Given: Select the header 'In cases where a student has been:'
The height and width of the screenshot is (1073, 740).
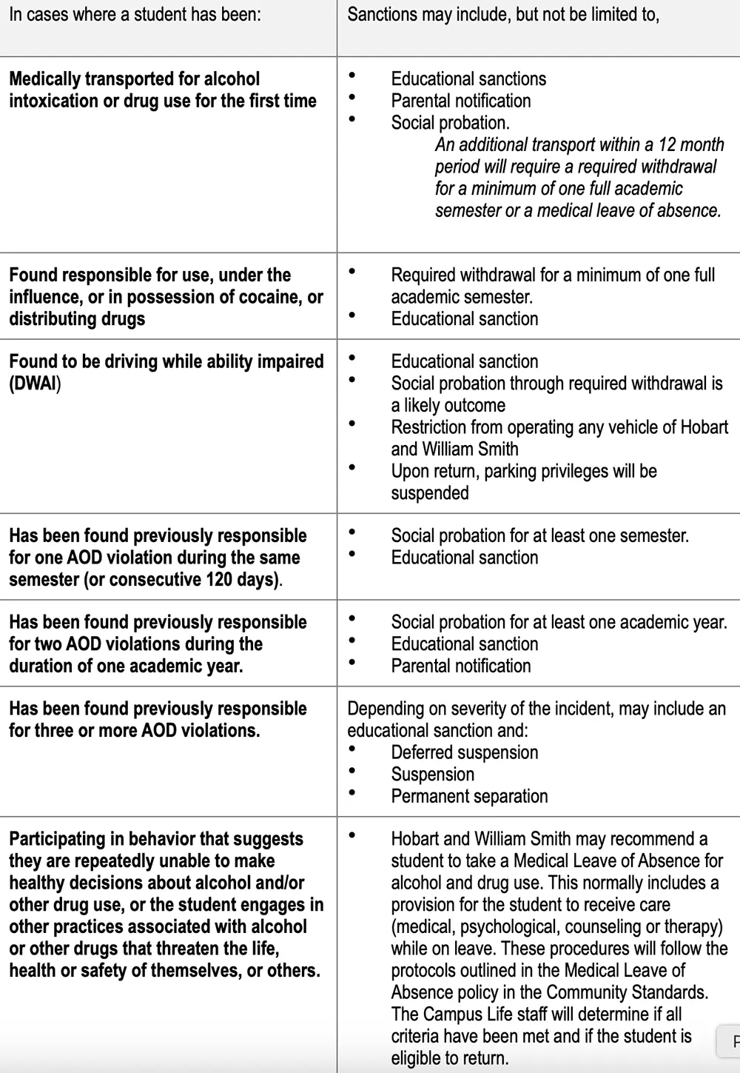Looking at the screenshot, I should pos(135,15).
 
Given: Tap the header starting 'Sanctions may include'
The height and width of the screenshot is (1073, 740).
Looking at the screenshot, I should pos(502,15).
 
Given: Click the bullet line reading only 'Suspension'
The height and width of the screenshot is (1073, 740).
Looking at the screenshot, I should pos(432,775).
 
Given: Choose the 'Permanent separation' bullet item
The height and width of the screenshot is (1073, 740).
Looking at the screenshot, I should pos(469,796).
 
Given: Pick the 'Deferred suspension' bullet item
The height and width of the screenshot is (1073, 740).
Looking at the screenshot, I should pos(464,752).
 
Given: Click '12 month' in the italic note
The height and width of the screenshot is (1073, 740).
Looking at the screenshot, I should pos(691,144).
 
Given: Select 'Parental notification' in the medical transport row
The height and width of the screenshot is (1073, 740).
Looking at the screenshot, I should pos(460,101).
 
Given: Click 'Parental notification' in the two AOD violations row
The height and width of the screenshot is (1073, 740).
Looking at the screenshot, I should pos(460,666).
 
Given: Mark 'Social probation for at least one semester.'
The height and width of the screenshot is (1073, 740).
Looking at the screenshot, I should pos(539,535).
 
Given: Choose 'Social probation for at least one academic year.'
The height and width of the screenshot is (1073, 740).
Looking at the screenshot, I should pos(559,622).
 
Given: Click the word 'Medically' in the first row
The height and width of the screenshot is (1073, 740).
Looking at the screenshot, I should pos(47,79).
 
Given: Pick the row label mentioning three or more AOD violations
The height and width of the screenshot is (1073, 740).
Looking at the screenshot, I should pos(158,719).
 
